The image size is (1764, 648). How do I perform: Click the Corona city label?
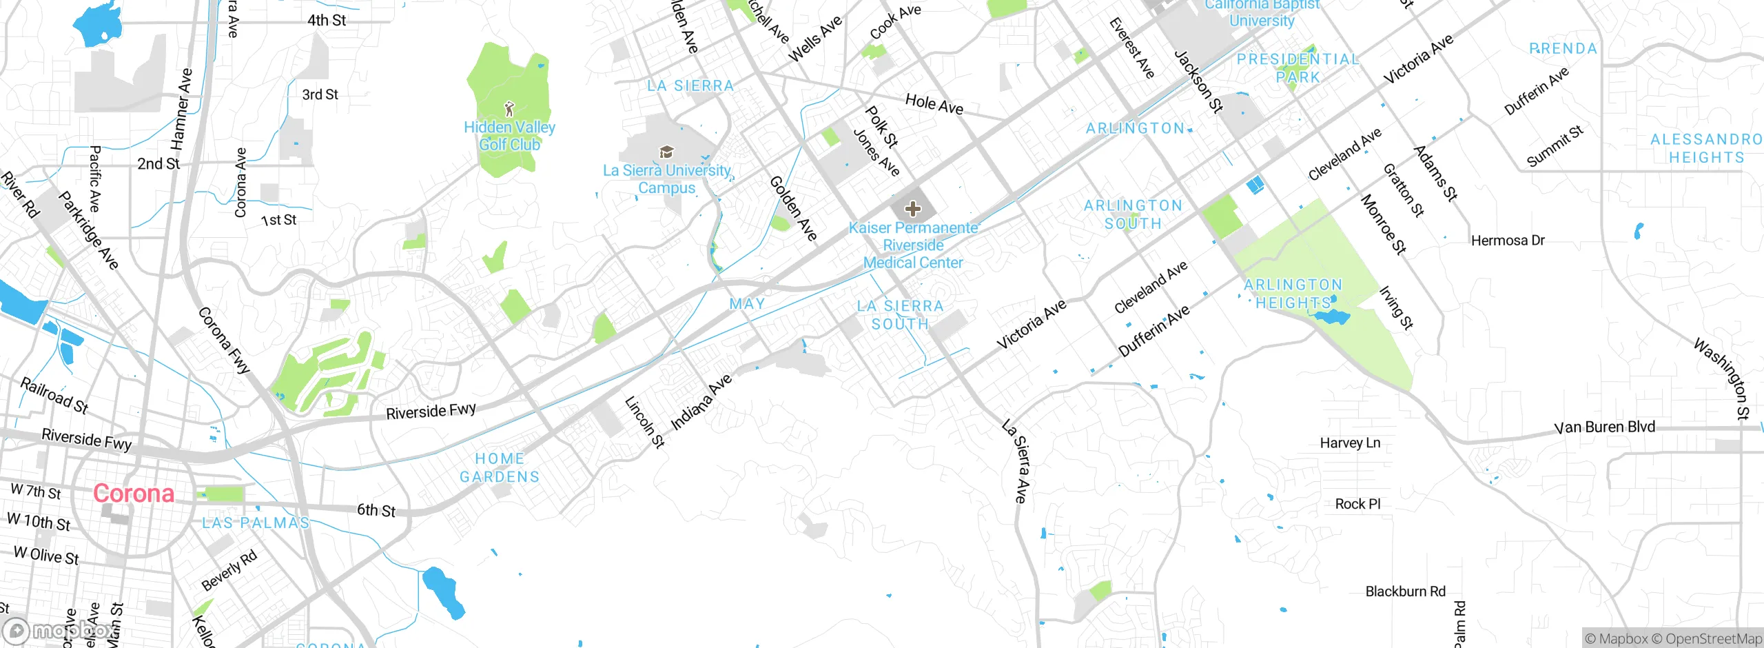tap(134, 494)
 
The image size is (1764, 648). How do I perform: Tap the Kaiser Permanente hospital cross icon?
tap(913, 209)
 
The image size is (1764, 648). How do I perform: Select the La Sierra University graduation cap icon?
tap(666, 152)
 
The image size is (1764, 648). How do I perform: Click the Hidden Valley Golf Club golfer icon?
tap(510, 109)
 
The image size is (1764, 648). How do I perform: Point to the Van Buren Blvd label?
tap(1604, 427)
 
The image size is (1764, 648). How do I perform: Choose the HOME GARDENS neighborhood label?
tap(500, 467)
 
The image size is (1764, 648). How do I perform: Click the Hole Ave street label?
tap(934, 104)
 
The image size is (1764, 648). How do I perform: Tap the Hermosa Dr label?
tap(1508, 241)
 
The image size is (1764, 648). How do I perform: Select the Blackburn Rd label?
tap(1406, 591)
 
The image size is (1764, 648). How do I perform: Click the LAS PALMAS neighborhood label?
tap(256, 523)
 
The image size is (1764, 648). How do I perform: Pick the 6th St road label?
tap(376, 511)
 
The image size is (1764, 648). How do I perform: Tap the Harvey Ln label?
tap(1350, 443)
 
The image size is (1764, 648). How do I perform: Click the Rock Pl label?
tap(1357, 504)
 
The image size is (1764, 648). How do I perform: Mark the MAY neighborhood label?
tap(747, 304)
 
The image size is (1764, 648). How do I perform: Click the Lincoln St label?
tap(644, 422)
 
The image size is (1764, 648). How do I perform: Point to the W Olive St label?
tap(46, 555)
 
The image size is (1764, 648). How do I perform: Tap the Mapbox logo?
tap(59, 630)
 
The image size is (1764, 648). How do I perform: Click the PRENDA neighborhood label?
tap(1563, 49)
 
